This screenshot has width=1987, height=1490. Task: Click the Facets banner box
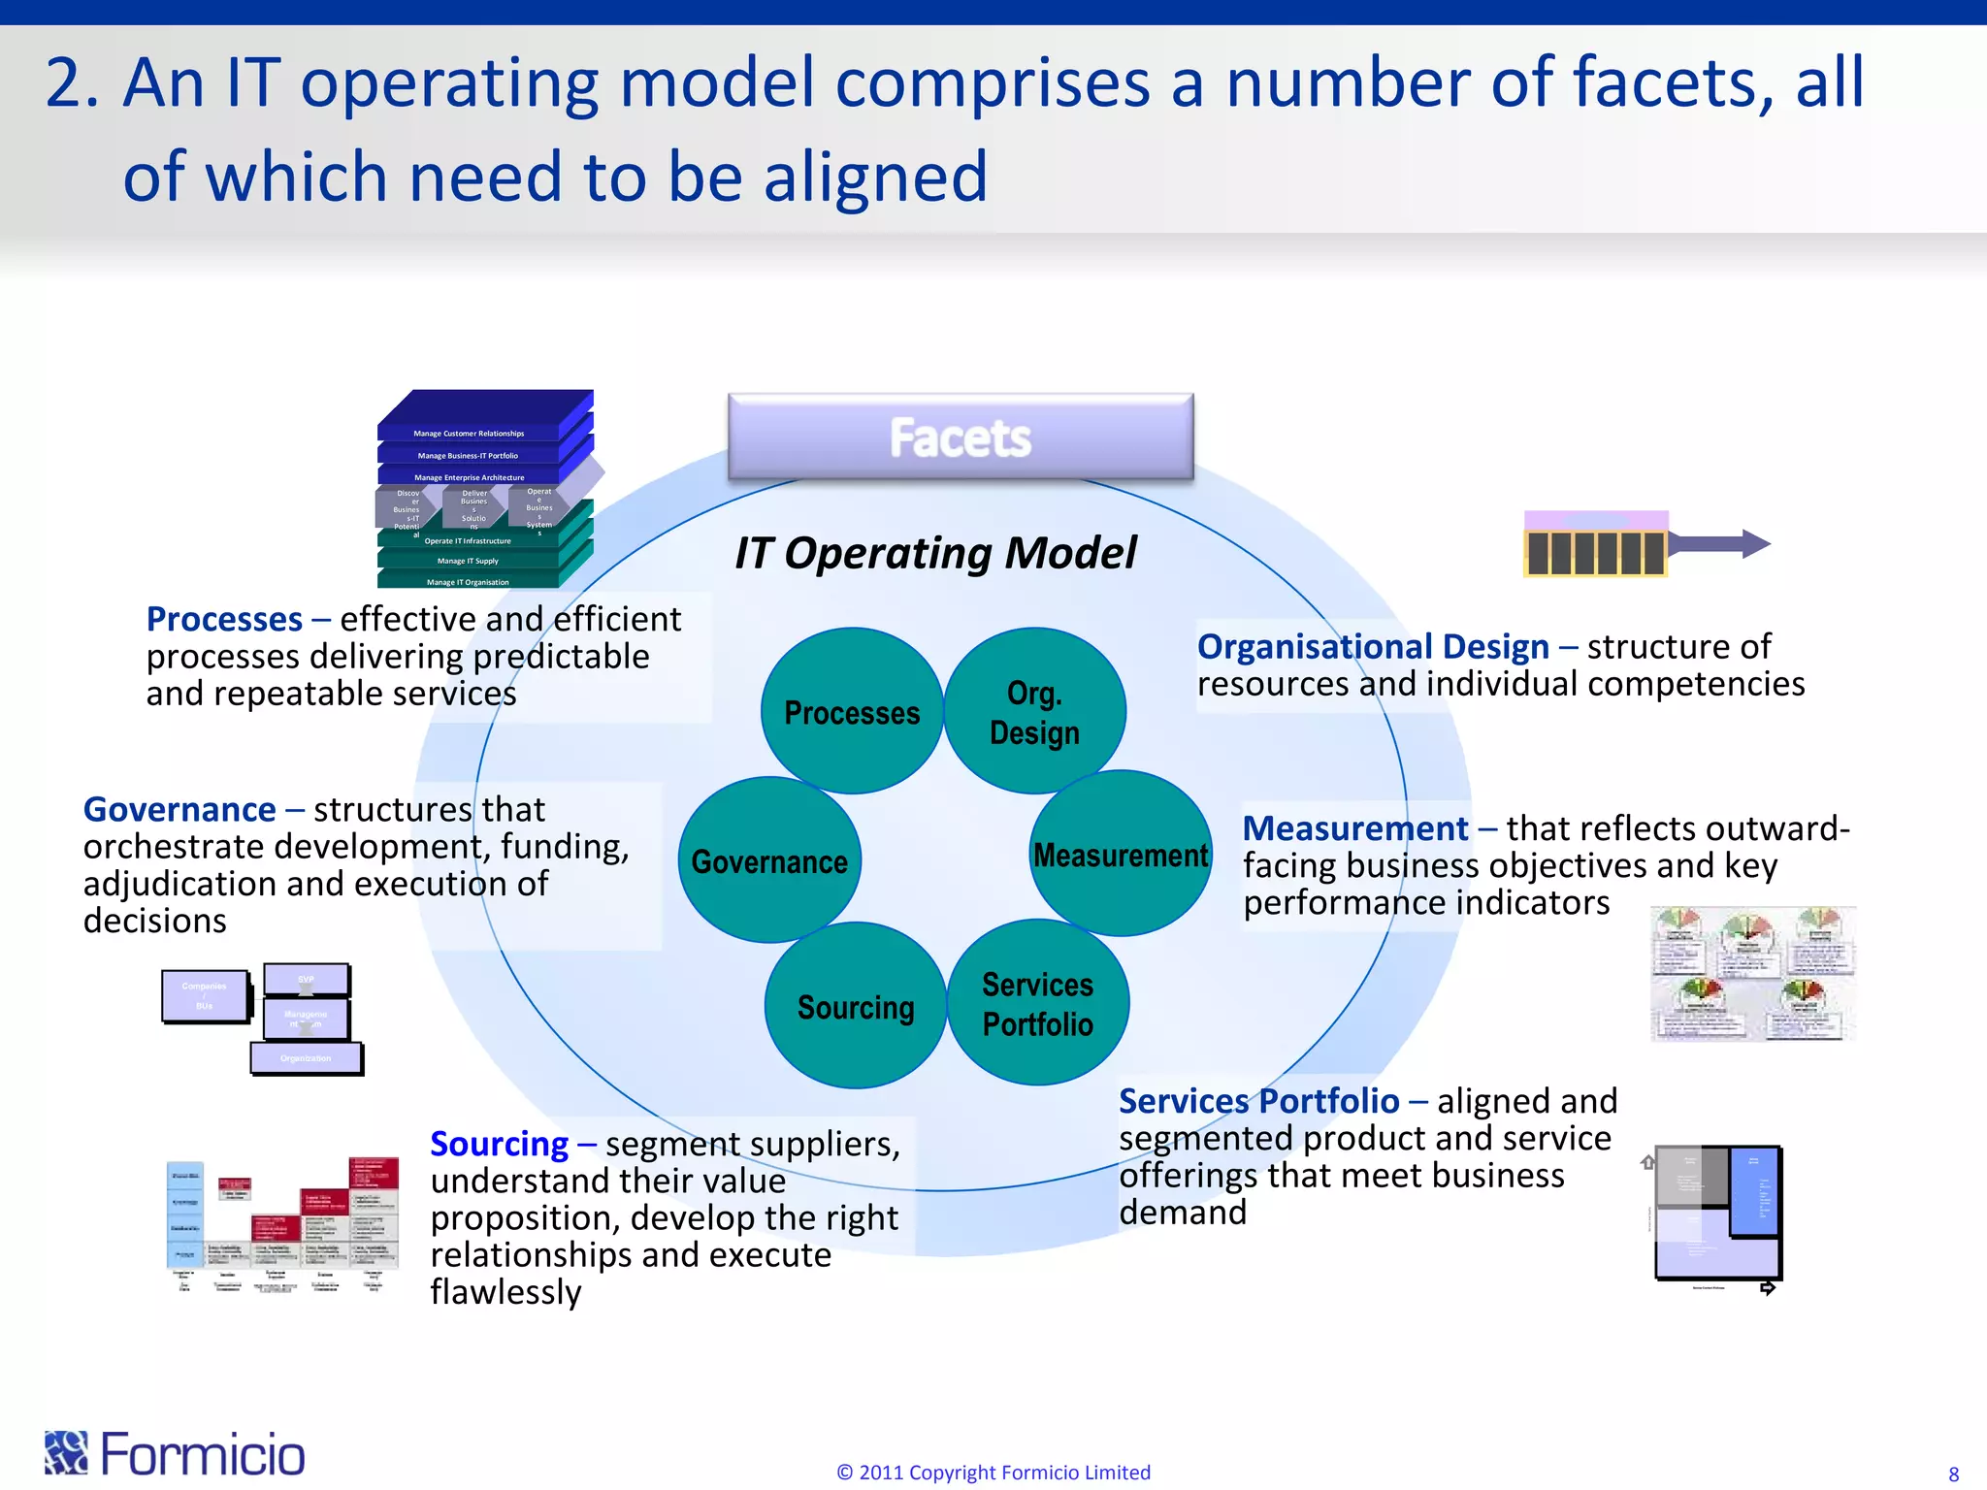pos(961,437)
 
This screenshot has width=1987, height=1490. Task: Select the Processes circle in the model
pos(852,712)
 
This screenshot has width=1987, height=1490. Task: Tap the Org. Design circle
pos(1034,712)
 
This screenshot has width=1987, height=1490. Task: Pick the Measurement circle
pos(1121,855)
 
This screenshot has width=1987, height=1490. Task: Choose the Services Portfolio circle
pos(1037,1004)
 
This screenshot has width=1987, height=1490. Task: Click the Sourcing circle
pos(855,1007)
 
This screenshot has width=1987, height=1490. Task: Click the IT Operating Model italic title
pos(935,553)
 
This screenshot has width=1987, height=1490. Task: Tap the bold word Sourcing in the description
pos(499,1145)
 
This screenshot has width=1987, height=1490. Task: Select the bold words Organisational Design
pos(1372,647)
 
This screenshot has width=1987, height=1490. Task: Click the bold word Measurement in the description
pos(1354,828)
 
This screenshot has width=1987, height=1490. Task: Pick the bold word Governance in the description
pos(179,809)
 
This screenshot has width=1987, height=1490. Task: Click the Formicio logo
pos(175,1454)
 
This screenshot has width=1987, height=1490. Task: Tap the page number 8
pos(1953,1474)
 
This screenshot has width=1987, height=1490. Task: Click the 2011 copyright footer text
pos(993,1473)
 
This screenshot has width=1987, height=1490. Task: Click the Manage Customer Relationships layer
pos(469,433)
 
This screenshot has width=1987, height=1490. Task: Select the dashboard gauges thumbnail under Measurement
pos(1752,974)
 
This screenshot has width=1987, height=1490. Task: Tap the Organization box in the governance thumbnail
pos(306,1058)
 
